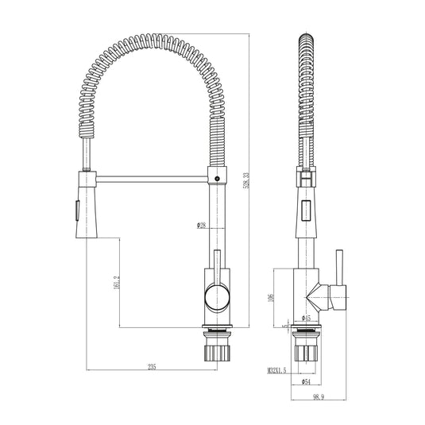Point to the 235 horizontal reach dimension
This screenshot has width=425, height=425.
coord(151,366)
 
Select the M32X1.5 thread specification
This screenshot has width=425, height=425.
coord(277,370)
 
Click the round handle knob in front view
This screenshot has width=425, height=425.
coord(215,298)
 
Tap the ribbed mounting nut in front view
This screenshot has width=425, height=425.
coord(215,350)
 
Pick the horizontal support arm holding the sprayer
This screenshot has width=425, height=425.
coord(151,176)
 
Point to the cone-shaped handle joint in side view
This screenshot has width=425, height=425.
coord(319,298)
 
